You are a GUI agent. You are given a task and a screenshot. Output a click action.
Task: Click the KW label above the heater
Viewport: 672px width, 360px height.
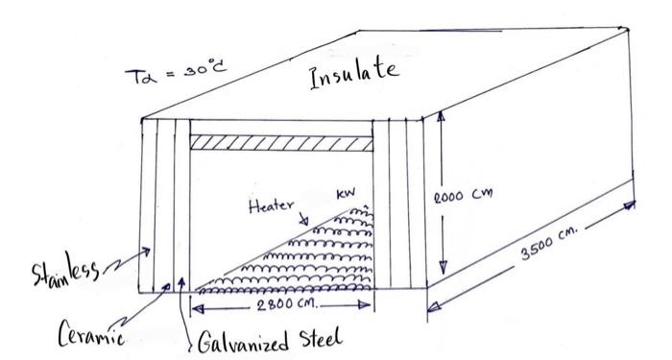pyautogui.click(x=345, y=196)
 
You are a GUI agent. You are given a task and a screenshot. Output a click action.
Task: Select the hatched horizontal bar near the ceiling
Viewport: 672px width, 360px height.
pyautogui.click(x=281, y=142)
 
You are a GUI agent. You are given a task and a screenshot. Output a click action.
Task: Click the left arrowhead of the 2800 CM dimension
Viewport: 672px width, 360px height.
pyautogui.click(x=198, y=307)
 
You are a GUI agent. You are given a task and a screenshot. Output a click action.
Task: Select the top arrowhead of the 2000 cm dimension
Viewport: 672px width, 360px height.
pyautogui.click(x=442, y=115)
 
